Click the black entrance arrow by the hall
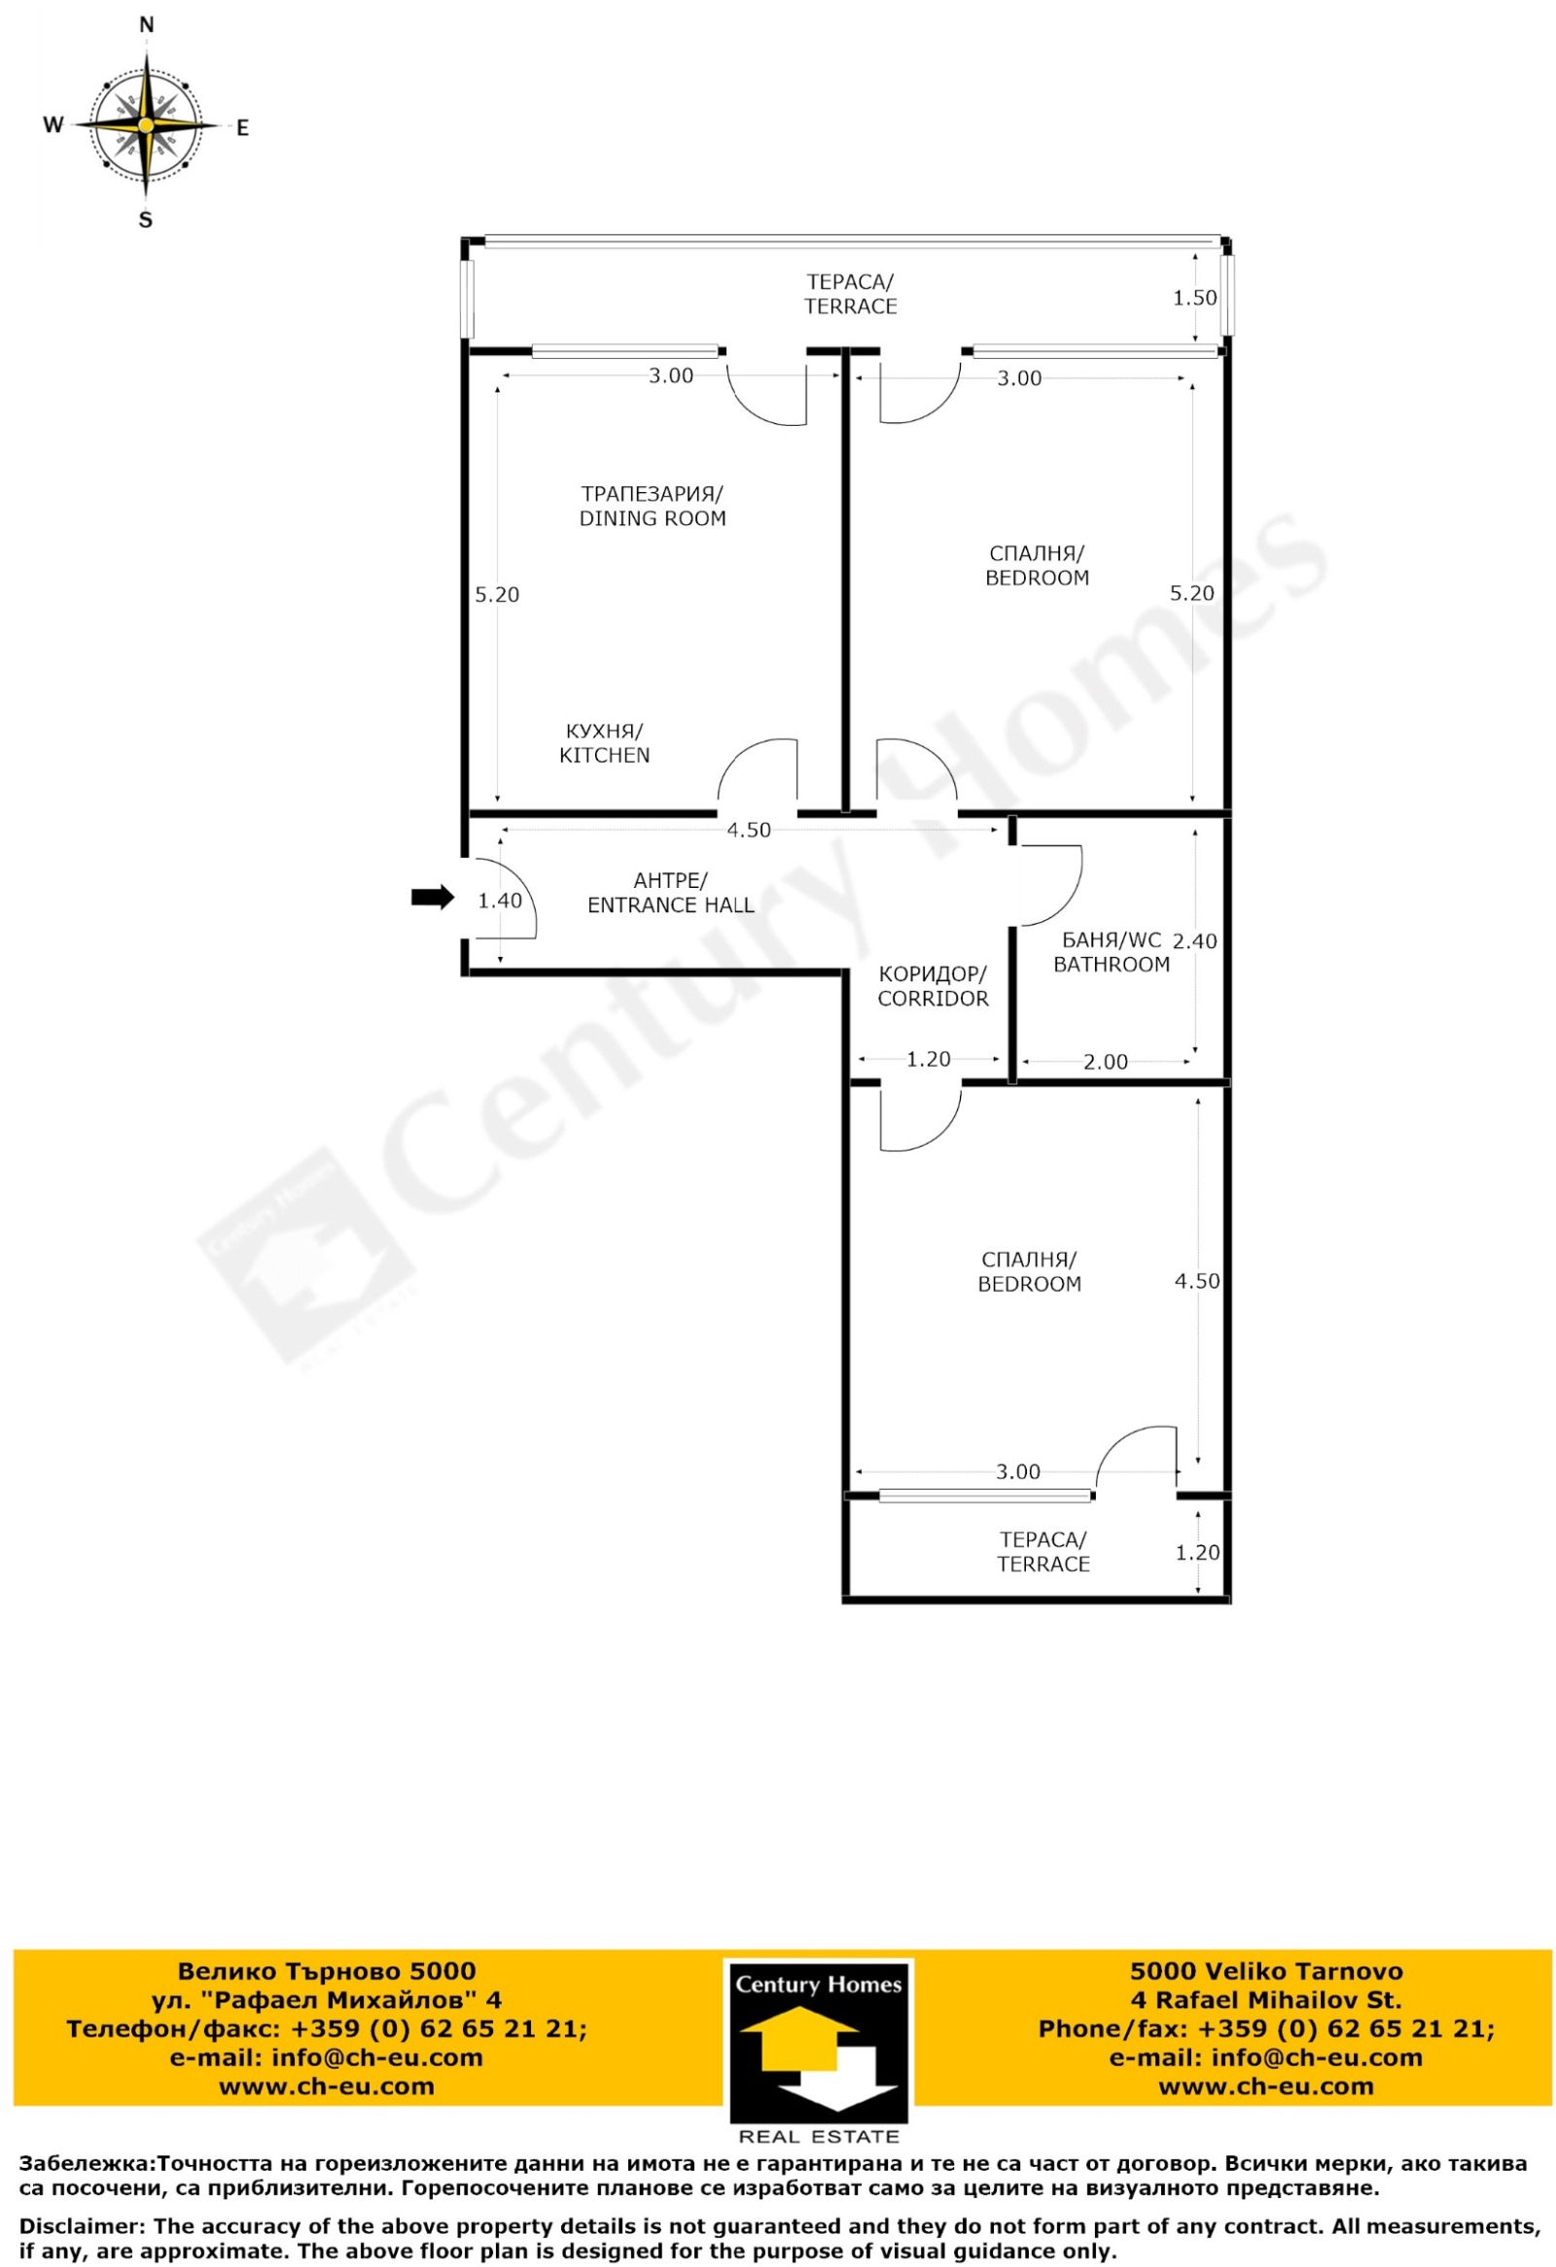432,897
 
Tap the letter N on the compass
146,25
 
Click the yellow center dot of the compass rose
145,124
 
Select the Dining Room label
653,506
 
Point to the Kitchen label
604,742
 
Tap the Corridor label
933,986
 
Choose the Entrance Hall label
670,893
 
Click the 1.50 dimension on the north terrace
1194,298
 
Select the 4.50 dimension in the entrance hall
748,831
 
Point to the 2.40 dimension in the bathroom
1194,941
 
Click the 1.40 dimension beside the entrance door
500,901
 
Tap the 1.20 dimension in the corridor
928,1059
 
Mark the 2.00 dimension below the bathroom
1106,1061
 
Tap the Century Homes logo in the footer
819,2052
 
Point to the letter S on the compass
145,221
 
